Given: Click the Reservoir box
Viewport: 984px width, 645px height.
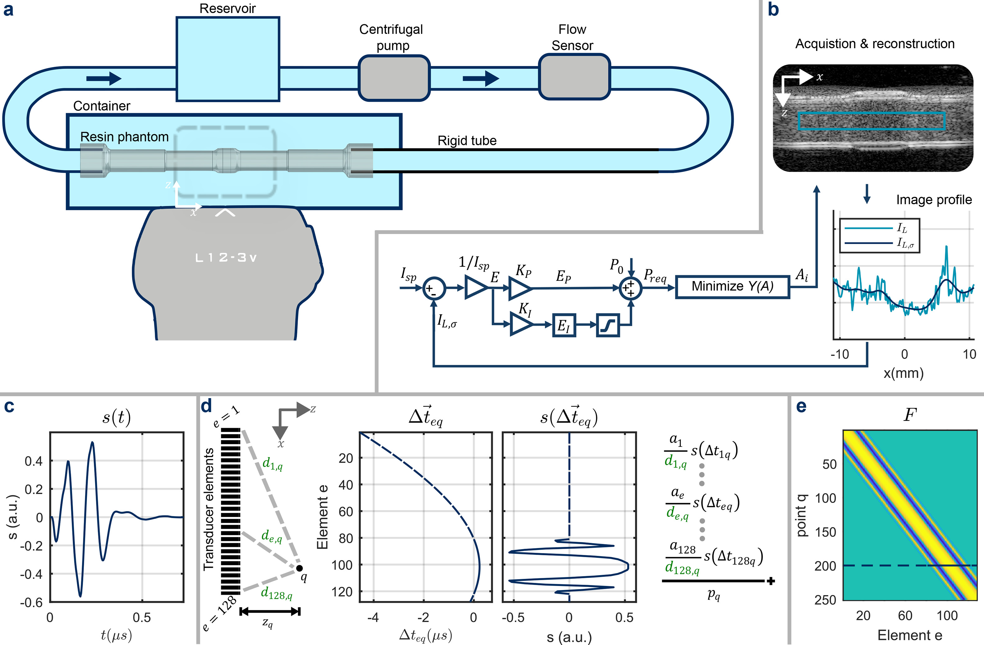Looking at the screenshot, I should [x=228, y=59].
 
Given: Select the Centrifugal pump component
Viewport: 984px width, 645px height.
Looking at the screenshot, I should [x=394, y=78].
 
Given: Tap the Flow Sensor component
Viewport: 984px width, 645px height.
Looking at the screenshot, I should [x=574, y=77].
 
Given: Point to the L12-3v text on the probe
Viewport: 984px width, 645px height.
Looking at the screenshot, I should [x=226, y=258].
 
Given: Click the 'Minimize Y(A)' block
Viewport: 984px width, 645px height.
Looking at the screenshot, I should [x=732, y=286].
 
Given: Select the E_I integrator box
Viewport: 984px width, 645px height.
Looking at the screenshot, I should [x=564, y=325].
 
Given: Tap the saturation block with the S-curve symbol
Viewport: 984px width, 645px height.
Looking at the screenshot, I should [x=607, y=325].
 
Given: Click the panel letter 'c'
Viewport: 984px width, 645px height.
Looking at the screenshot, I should [x=9, y=407].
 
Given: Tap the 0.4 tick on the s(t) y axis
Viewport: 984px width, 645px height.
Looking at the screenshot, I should [x=34, y=461].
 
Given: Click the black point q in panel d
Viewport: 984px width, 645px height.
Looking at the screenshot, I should [x=299, y=568].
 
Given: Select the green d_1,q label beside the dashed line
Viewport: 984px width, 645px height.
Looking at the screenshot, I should [x=272, y=465].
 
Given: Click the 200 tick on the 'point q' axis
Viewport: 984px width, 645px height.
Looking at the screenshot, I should [x=825, y=566].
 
